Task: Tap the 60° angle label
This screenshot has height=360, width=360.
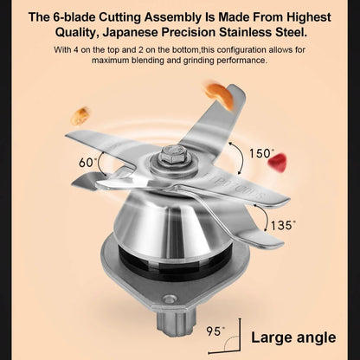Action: (x=87, y=163)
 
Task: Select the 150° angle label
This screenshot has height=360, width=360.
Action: (x=260, y=153)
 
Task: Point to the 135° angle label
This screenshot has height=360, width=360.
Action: (x=283, y=225)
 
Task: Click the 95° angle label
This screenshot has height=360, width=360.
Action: (x=215, y=331)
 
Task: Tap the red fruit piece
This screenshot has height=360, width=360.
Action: (x=278, y=163)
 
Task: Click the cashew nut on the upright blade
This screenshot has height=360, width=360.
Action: (x=218, y=96)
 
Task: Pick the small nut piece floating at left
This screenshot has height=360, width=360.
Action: (x=80, y=116)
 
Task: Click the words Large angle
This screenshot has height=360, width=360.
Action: (x=293, y=337)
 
